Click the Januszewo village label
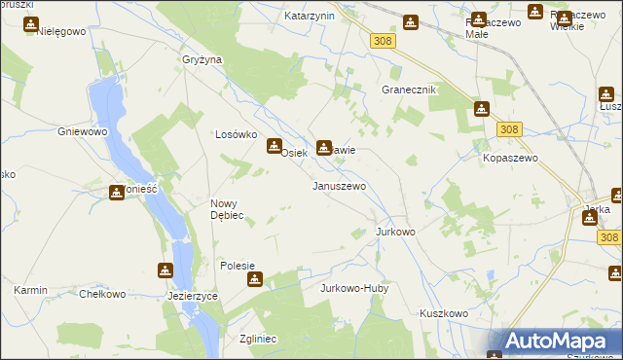tap(339, 186)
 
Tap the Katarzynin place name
tap(310, 17)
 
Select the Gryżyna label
tap(202, 59)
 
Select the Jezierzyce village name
tap(193, 295)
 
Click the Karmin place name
tap(31, 290)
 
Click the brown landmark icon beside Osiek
tap(274, 147)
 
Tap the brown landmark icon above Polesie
tap(254, 280)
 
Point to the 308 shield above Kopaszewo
tap(507, 128)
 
